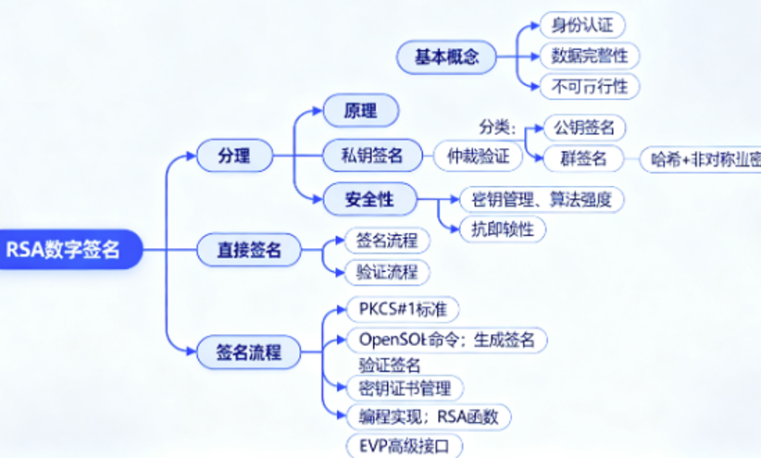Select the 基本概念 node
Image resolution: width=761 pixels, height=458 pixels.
point(446,56)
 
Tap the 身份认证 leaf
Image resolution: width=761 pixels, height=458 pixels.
point(582,25)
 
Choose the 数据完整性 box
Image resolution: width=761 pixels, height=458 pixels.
point(589,56)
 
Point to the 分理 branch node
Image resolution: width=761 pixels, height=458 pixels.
point(234,155)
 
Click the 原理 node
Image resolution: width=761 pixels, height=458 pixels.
point(360,111)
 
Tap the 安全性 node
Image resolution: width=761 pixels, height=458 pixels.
point(369,198)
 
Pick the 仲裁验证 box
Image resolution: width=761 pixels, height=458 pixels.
point(478,156)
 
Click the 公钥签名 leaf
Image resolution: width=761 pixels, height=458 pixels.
point(583,127)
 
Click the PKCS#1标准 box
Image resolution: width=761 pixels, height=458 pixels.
point(402,308)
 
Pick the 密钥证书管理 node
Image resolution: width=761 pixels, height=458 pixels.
point(404,387)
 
